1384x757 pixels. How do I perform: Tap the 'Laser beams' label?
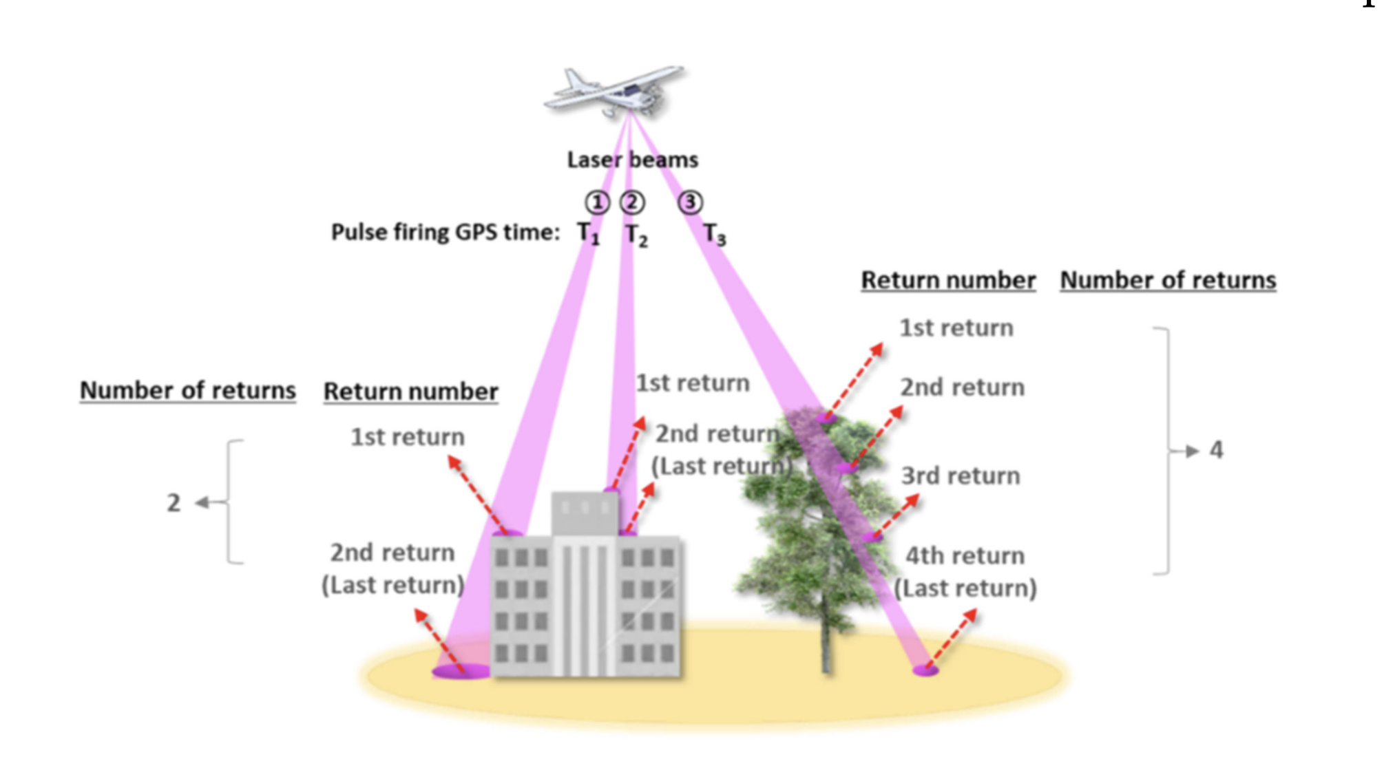[x=632, y=160]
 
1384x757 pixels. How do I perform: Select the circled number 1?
[x=597, y=202]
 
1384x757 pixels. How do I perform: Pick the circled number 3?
[x=690, y=202]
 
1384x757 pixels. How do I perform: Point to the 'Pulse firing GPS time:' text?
[x=445, y=232]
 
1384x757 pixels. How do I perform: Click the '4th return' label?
[x=965, y=556]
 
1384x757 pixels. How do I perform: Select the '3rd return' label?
[x=961, y=476]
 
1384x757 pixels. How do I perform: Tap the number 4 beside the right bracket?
[x=1216, y=450]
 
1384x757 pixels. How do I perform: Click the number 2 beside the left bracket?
[x=174, y=503]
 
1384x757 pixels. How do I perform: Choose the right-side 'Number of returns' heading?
[x=1168, y=280]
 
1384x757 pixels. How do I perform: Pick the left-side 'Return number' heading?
[x=411, y=391]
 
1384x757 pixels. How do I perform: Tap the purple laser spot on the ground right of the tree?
[x=925, y=670]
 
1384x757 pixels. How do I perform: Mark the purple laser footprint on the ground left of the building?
[x=460, y=671]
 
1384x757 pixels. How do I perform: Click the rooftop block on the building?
[x=585, y=513]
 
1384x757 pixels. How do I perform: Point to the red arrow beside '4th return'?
[x=952, y=639]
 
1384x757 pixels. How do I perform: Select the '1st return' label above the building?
[x=692, y=383]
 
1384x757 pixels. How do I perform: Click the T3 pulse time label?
[x=715, y=235]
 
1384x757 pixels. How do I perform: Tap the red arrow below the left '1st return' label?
[x=478, y=494]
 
